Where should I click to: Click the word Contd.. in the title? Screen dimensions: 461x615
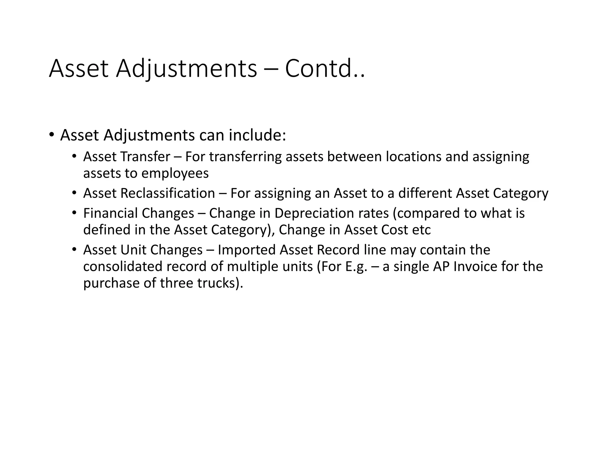[x=325, y=69]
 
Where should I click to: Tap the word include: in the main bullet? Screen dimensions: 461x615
[x=257, y=135]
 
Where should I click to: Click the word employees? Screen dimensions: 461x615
[x=175, y=173]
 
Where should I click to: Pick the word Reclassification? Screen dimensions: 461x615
[x=168, y=193]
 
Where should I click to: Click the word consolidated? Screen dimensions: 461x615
[x=123, y=267]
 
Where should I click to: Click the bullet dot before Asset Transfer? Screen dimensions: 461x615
[x=74, y=156]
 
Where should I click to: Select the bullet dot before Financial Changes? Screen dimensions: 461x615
[x=74, y=213]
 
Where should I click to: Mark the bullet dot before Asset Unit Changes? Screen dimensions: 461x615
[x=74, y=249]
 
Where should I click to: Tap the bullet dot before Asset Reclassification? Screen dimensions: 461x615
[x=74, y=193]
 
